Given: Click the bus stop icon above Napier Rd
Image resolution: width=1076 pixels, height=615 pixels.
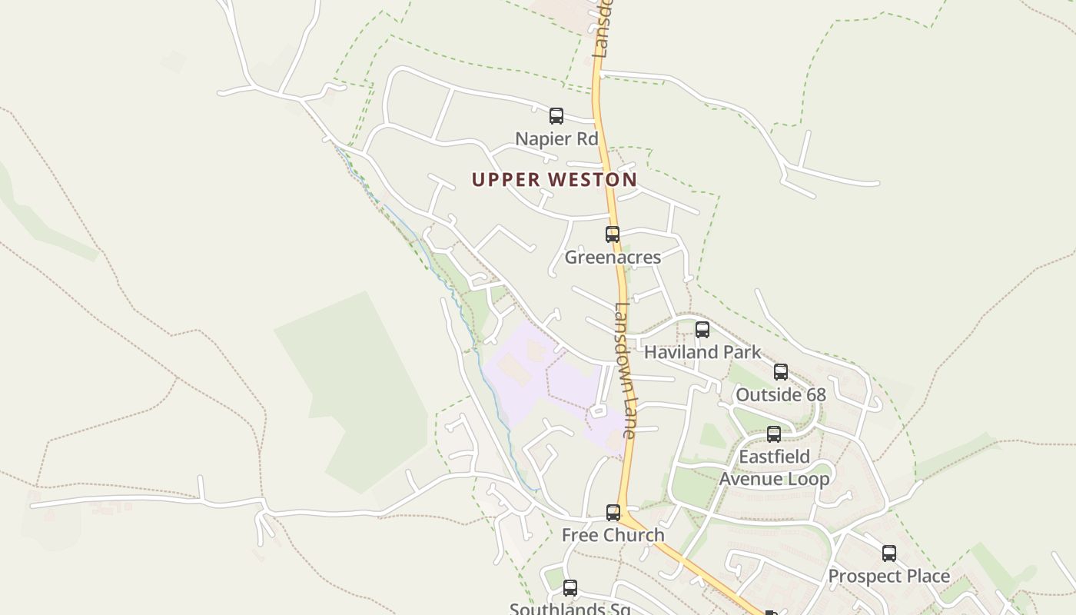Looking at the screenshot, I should tap(556, 116).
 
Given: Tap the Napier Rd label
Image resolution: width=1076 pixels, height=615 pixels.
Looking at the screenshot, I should tap(556, 139).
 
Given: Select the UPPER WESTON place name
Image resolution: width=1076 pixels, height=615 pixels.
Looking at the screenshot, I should tap(554, 180).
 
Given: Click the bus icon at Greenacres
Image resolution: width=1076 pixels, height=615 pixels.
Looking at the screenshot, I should tap(613, 234).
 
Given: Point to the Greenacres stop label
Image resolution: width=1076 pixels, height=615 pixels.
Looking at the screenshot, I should tap(613, 258).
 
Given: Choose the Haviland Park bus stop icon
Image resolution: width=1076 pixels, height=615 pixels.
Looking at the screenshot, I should tap(702, 330).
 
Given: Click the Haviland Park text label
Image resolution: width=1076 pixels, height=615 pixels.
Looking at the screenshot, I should tap(702, 352).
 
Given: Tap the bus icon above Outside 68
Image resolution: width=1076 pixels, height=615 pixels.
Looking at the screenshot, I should tap(781, 372).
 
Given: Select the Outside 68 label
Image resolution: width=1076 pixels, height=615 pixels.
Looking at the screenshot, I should tap(781, 395).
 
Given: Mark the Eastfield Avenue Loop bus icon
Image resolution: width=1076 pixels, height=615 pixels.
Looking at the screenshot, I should tap(774, 434).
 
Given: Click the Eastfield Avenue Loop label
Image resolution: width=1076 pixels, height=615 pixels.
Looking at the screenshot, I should tap(774, 468).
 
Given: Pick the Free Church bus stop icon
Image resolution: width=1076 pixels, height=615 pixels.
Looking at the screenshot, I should tap(613, 513).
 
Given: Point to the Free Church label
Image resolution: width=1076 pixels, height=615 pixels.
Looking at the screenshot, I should tap(613, 535).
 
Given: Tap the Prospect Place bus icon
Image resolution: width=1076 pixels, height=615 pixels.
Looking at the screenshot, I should tap(889, 553).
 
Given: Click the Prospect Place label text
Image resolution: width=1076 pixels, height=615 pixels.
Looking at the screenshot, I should tap(889, 577).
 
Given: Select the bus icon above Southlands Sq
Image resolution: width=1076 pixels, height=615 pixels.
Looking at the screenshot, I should tap(570, 588).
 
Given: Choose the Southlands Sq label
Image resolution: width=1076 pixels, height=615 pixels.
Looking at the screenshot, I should tap(570, 609).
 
